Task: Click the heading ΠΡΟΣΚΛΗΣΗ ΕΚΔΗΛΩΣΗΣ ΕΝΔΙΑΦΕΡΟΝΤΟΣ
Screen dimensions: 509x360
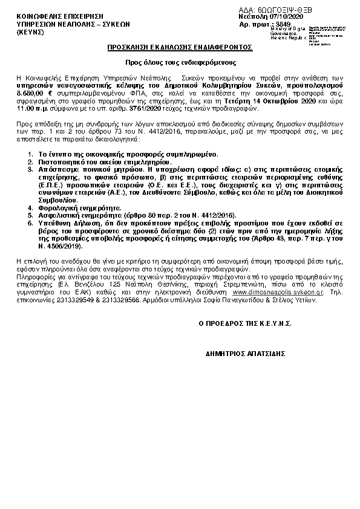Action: coord(180,47)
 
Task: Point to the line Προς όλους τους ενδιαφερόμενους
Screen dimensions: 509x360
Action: coord(180,63)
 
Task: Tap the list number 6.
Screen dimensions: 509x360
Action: coord(30,222)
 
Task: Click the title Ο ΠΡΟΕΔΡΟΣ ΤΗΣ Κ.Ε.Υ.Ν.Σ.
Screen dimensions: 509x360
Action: coord(245,323)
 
